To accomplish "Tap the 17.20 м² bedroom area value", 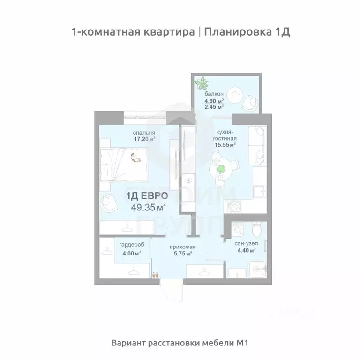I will [144, 138].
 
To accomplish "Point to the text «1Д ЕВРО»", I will [148, 195].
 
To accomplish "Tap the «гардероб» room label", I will [131, 245].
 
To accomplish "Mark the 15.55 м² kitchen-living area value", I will [225, 145].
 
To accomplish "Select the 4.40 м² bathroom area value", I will [245, 251].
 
